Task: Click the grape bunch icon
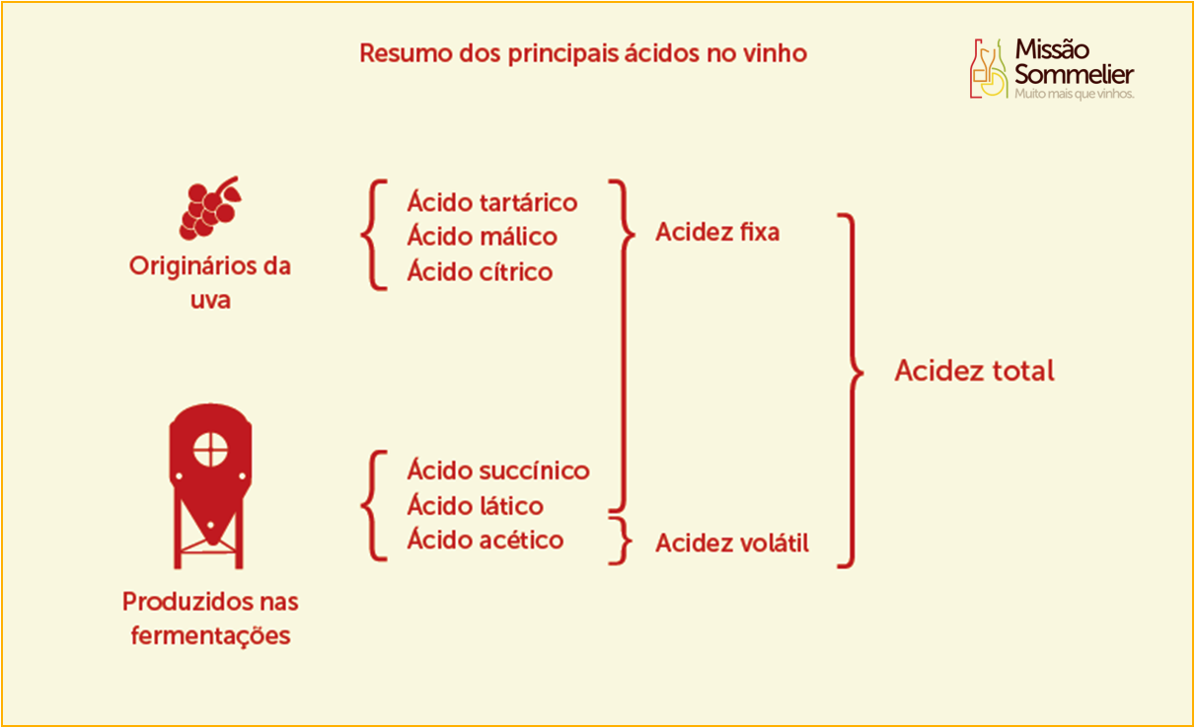[210, 208]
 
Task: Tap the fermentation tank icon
[211, 486]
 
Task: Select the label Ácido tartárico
[491, 202]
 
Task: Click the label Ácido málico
[483, 237]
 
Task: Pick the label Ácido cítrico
[480, 271]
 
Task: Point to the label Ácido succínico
[498, 471]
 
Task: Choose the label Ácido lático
[476, 505]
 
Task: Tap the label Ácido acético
[485, 540]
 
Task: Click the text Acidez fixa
[717, 232]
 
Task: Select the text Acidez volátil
[732, 543]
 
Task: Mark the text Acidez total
[975, 370]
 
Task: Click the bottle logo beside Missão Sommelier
[989, 69]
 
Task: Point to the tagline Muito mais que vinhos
[1074, 94]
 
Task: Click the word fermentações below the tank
[211, 635]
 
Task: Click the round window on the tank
[210, 449]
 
